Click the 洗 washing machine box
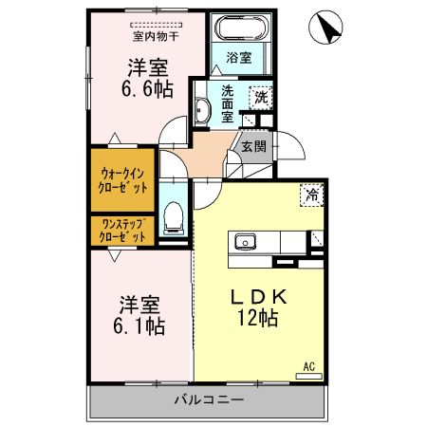pos(259,95)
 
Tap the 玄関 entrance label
pos(251,146)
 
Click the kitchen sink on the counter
pos(245,241)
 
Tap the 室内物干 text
pos(158,37)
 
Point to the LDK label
pos(258,297)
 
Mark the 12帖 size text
pos(258,320)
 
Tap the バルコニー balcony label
pos(209,400)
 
